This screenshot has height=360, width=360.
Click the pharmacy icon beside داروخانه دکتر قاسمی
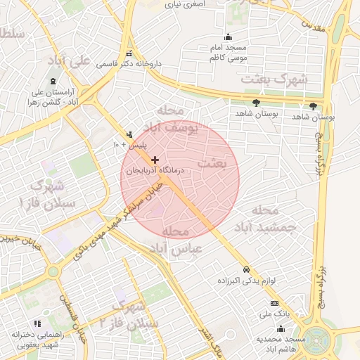pos(127,54)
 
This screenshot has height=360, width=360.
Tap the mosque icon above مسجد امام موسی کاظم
pos(227,37)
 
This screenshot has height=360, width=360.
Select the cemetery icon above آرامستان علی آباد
pos(53,82)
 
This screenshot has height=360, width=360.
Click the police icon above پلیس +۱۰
pos(129,134)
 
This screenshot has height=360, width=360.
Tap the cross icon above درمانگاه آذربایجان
pos(155,160)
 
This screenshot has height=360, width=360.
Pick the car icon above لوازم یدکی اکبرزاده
pos(245,270)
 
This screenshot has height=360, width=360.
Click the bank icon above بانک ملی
pos(274,303)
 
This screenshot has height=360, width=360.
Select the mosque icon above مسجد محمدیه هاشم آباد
pos(281,328)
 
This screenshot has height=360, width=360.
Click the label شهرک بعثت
pos(274,79)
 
